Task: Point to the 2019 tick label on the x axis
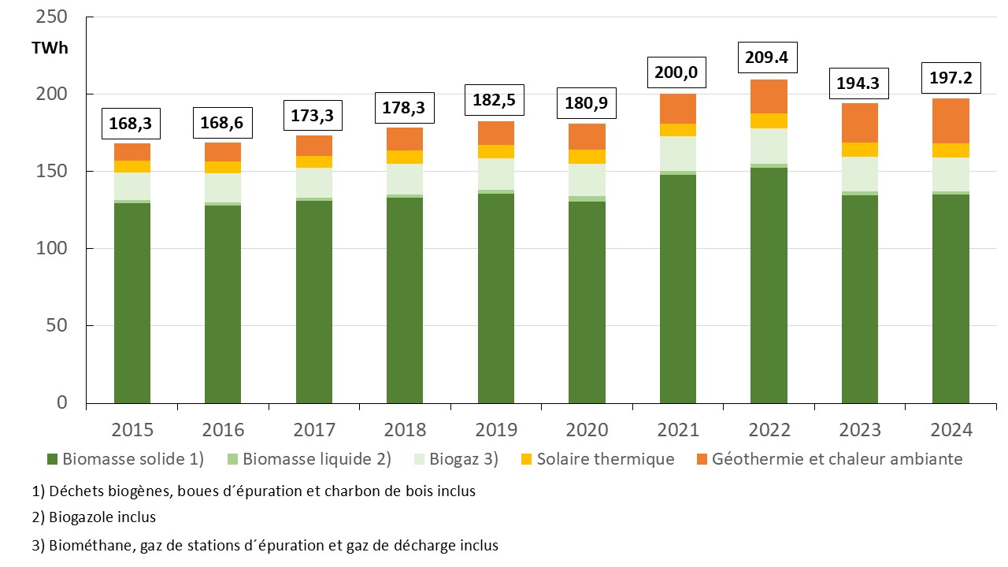(496, 430)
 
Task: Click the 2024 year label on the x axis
(951, 430)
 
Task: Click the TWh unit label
(50, 48)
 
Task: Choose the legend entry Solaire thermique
(605, 459)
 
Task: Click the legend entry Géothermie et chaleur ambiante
(836, 459)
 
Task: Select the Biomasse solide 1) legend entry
(132, 459)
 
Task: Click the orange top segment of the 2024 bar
(951, 120)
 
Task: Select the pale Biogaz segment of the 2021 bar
(677, 154)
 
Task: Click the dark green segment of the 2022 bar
(769, 285)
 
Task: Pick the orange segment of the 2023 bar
(859, 123)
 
